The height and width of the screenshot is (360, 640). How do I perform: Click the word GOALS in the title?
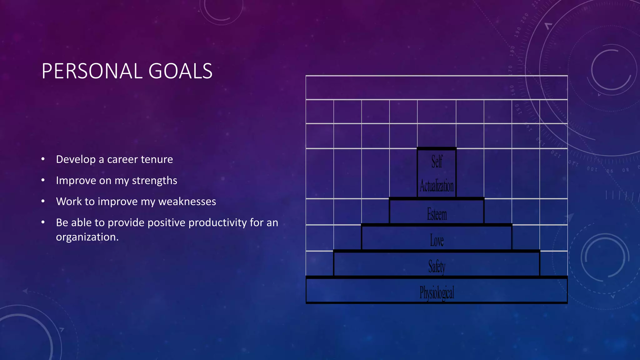pyautogui.click(x=180, y=71)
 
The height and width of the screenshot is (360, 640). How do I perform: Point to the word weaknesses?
pyautogui.click(x=187, y=202)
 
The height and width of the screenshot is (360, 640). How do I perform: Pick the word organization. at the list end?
pyautogui.click(x=87, y=237)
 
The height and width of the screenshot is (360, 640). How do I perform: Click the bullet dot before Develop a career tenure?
pyautogui.click(x=43, y=159)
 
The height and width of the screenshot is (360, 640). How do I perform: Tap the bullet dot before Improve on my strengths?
pyautogui.click(x=43, y=180)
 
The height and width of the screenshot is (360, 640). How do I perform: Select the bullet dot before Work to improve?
pyautogui.click(x=43, y=201)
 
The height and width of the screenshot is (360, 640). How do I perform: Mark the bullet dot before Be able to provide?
pyautogui.click(x=43, y=222)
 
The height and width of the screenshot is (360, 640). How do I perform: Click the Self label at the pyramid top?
pyautogui.click(x=437, y=162)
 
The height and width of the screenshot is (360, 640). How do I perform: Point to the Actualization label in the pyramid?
pyautogui.click(x=437, y=186)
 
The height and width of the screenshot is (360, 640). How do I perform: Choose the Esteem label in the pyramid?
pyautogui.click(x=437, y=214)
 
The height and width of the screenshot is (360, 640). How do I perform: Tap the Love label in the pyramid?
pyautogui.click(x=437, y=241)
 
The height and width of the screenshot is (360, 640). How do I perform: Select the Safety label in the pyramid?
pyautogui.click(x=437, y=267)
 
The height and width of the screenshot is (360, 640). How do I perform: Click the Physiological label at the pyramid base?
pyautogui.click(x=437, y=293)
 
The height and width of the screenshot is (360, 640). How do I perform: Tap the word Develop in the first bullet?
pyautogui.click(x=76, y=159)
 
